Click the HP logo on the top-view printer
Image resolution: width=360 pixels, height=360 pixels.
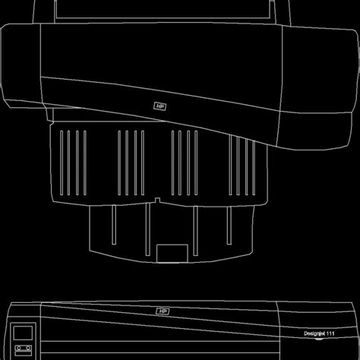[x=159, y=107]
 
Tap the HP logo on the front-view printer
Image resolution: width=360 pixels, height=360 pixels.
[x=163, y=311]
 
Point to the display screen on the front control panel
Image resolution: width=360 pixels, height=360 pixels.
[x=23, y=332]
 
